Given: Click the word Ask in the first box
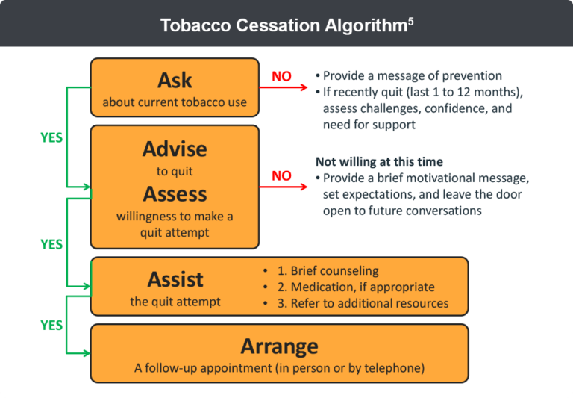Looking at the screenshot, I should pyautogui.click(x=175, y=80).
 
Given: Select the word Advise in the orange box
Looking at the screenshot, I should pyautogui.click(x=175, y=149).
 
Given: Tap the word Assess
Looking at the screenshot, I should pyautogui.click(x=175, y=194).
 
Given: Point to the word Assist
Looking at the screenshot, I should pyautogui.click(x=175, y=279).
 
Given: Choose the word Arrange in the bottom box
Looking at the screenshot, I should pyautogui.click(x=279, y=346).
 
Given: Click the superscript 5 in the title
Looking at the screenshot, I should pyautogui.click(x=410, y=21).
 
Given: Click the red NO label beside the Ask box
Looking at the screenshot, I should pyautogui.click(x=281, y=76).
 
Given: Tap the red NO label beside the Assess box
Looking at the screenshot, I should pyautogui.click(x=281, y=176).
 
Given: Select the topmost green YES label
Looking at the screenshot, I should pyautogui.click(x=51, y=138).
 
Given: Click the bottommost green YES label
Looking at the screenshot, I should pyautogui.click(x=51, y=326).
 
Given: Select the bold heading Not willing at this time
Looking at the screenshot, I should pyautogui.click(x=379, y=162).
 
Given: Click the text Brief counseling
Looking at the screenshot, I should pyautogui.click(x=334, y=271).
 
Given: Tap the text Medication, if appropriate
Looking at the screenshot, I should pyautogui.click(x=363, y=287).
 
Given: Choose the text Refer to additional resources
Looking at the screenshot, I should pyautogui.click(x=369, y=303).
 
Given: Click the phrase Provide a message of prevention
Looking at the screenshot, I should pyautogui.click(x=412, y=75).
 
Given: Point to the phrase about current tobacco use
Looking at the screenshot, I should pyautogui.click(x=175, y=102).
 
